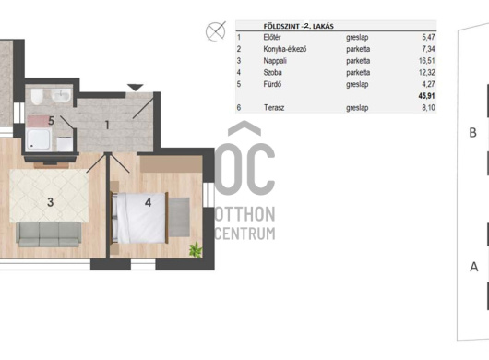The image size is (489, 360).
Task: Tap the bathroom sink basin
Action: pyautogui.click(x=62, y=95)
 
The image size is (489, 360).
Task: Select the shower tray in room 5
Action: pyautogui.click(x=38, y=138)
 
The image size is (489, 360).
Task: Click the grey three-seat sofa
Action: pyautogui.click(x=49, y=234)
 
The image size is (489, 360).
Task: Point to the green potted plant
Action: pyautogui.click(x=196, y=249)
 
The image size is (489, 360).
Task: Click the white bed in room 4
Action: pyautogui.click(x=139, y=218)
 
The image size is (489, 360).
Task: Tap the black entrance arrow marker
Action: pyautogui.click(x=135, y=88)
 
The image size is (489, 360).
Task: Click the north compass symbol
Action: pyautogui.click(x=216, y=31)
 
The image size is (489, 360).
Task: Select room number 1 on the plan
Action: pyautogui.click(x=107, y=126)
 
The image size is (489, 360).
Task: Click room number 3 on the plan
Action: pyautogui.click(x=50, y=202)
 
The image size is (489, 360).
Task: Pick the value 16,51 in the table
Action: pyautogui.click(x=426, y=61)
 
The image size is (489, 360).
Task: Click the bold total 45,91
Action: pyautogui.click(x=426, y=96)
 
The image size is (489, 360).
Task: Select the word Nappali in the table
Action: pyautogui.click(x=275, y=61)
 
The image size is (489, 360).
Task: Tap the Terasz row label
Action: pyautogui.click(x=274, y=108)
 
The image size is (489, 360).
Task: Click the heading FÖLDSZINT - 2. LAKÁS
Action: pyautogui.click(x=298, y=26)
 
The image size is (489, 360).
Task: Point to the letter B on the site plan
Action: pyautogui.click(x=472, y=133)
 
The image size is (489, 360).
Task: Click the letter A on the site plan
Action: pyautogui.click(x=473, y=267)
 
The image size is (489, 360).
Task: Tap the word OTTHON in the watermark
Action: pyautogui.click(x=245, y=214)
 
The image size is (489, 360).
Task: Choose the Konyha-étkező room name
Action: pyautogui.click(x=285, y=49)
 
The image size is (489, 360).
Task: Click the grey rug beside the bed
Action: pyautogui.click(x=179, y=217)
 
